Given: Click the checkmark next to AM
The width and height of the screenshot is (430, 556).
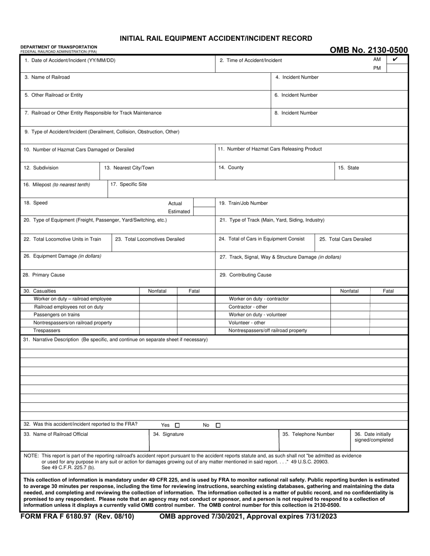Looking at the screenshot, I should (395, 60).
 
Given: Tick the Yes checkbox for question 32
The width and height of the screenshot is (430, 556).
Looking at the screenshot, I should (177, 425).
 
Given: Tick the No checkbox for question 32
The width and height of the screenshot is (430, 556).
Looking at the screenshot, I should (218, 425).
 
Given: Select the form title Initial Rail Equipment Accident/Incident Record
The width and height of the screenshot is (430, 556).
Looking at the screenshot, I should (215, 38).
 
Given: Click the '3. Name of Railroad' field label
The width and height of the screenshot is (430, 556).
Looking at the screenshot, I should (47, 77).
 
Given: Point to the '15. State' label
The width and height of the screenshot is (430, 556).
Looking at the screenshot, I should (349, 168).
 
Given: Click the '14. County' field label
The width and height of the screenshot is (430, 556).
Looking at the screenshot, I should (231, 167).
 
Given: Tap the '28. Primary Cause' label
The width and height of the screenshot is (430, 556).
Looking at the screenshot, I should (41, 275).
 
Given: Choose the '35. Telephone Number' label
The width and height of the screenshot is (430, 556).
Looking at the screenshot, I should (308, 434).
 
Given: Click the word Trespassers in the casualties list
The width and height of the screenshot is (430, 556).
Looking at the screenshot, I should (47, 330).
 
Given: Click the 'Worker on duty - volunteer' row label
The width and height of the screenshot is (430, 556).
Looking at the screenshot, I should (258, 315).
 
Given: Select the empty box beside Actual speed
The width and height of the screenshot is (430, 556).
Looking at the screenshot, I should (204, 203).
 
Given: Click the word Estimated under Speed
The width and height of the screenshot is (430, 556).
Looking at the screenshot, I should (179, 212).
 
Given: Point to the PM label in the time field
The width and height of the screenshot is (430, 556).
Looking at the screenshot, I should (377, 68).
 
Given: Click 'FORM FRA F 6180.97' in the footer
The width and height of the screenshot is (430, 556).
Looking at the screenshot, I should (59, 516).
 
